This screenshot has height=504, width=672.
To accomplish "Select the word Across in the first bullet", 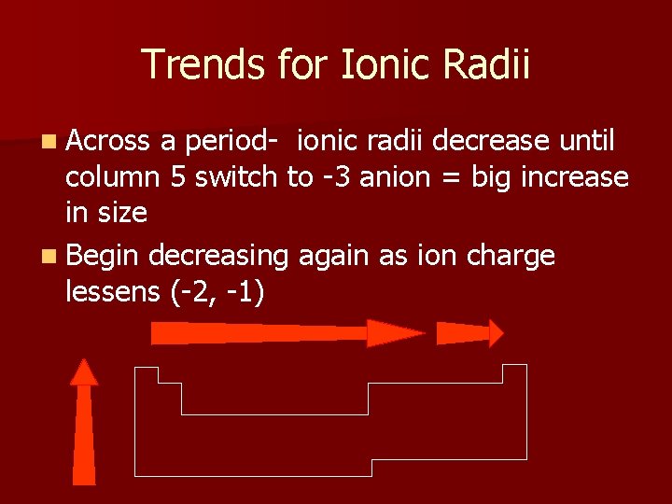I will click(x=108, y=142).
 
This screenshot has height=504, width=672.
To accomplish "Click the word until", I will click(x=587, y=142).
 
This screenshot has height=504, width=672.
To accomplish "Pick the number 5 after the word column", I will click(x=176, y=177).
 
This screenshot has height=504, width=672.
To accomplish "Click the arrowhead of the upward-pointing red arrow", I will click(x=84, y=372).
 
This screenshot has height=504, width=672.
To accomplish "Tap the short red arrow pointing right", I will click(x=469, y=333).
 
